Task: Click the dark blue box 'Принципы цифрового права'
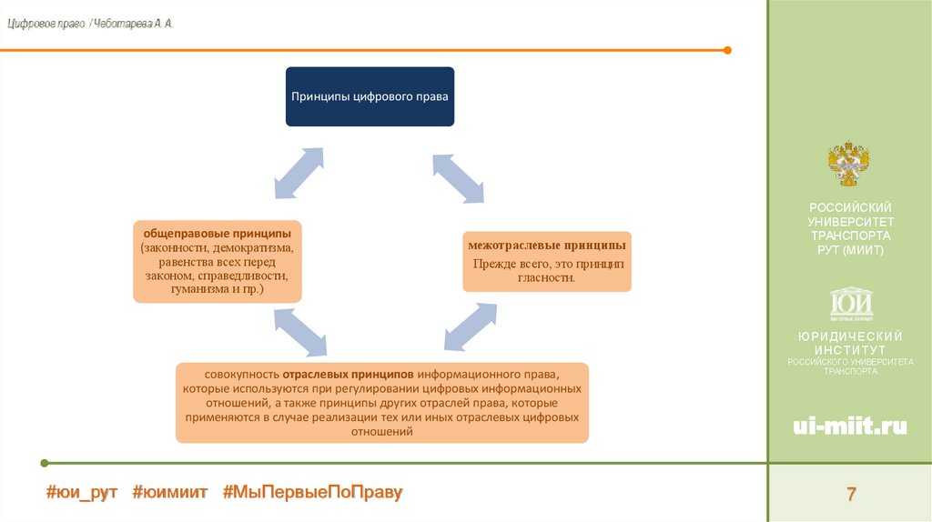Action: point(370,95)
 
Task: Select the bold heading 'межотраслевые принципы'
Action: point(546,246)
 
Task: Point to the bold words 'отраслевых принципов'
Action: point(349,374)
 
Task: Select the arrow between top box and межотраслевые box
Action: point(458,177)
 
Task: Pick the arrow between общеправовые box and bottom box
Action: point(299,331)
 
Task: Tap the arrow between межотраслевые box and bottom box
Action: point(471,326)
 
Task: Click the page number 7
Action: point(851,495)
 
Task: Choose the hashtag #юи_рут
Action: point(82,492)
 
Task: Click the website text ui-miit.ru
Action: point(850,427)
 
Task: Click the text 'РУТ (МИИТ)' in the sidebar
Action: point(850,250)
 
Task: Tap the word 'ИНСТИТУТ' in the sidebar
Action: point(850,349)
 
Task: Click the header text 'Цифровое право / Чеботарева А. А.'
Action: point(90,24)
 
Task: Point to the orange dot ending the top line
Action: point(726,50)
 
